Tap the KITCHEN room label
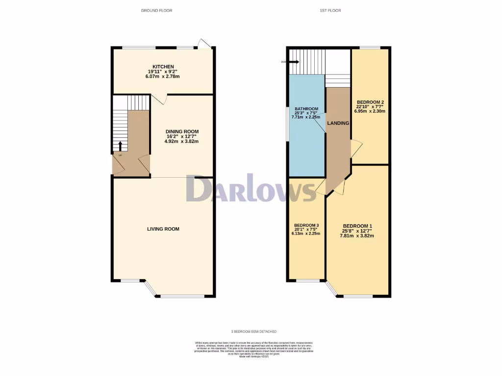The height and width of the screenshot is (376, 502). tap(163, 67)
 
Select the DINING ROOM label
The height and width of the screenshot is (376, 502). tap(182, 132)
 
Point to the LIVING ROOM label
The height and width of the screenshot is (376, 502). tap(163, 229)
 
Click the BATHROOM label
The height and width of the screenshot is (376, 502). tap(306, 109)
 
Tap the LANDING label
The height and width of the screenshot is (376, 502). tap(338, 123)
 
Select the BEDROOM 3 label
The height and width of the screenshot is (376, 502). tap(306, 225)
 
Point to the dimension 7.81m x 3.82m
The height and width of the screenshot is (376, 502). tap(357, 235)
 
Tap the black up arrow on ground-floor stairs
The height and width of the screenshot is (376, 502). tap(121, 146)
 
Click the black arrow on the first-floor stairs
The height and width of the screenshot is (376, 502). tap(294, 62)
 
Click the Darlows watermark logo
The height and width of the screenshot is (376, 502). tap(251, 188)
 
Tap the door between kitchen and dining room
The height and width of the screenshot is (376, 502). tap(160, 98)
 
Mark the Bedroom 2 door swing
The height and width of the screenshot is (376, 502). tap(356, 148)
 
